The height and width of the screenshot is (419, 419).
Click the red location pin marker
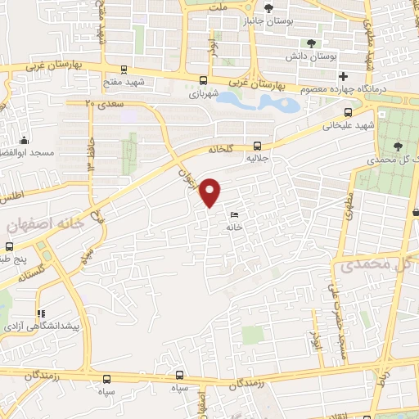coord(210,191)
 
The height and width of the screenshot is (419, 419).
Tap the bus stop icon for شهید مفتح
coord(123,70)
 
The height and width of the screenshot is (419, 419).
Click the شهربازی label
coord(205,93)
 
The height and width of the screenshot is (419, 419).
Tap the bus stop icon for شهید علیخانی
coord(349,112)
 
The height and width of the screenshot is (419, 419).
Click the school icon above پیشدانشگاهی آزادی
coord(38,313)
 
